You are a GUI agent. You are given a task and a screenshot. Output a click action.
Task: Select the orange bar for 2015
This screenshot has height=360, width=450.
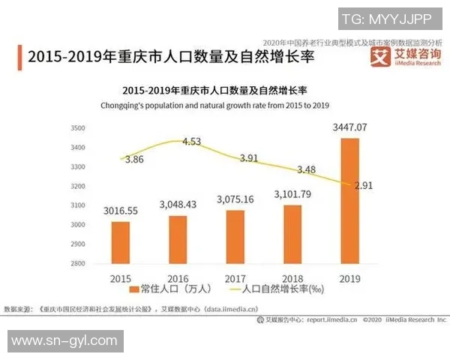coord(121,242)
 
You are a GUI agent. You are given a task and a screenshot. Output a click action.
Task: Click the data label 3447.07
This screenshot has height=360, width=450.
coord(352,127)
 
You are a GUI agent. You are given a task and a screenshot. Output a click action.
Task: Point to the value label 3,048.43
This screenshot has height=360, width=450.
coord(178,204)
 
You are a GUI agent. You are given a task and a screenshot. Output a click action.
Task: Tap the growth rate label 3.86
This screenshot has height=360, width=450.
coord(134,159)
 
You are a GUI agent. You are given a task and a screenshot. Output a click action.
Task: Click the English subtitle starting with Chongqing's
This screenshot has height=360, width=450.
coord(215,106)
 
